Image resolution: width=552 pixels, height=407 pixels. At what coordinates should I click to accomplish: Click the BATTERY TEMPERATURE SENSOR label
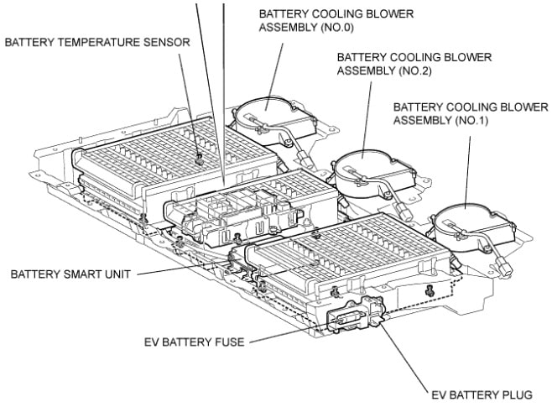click(96, 41)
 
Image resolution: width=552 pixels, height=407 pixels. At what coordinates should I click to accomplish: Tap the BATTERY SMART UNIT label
click(66, 274)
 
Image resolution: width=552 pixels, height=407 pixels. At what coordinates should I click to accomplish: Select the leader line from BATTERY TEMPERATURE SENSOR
click(192, 101)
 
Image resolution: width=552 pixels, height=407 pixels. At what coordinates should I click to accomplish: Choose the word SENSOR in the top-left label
click(165, 41)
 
